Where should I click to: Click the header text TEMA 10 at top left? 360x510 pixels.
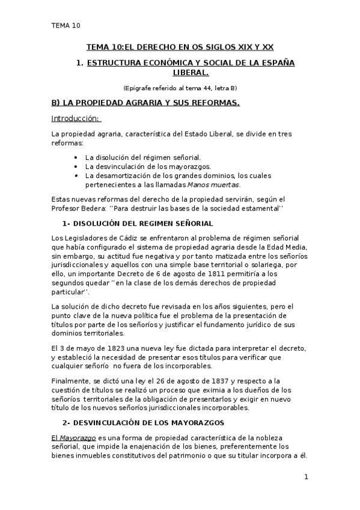point(65,25)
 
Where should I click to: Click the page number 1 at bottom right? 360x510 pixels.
point(306,478)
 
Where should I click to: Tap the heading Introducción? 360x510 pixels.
point(76,118)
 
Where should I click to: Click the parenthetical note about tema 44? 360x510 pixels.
point(180,88)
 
